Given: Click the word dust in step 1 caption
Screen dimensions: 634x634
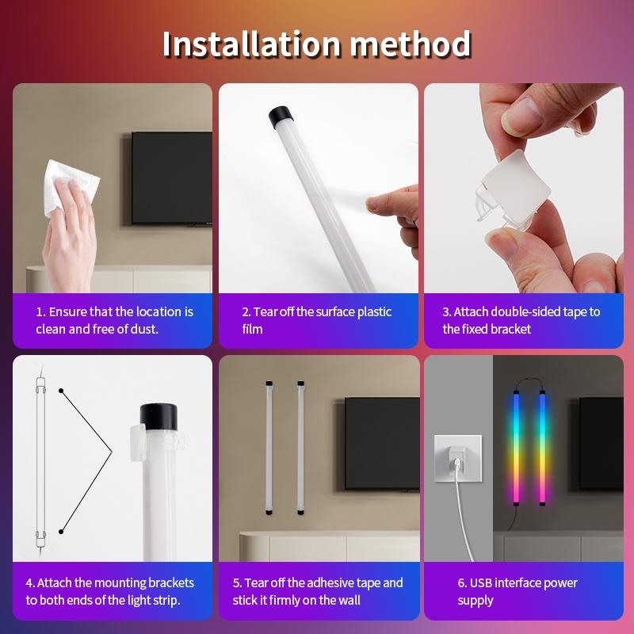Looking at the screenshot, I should click(143, 329).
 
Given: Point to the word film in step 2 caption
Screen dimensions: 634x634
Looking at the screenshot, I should click(252, 329).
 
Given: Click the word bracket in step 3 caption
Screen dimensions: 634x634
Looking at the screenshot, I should click(511, 329).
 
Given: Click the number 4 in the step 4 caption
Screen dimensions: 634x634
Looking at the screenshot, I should click(29, 583).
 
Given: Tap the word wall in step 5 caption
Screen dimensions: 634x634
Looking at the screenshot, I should click(346, 601).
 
